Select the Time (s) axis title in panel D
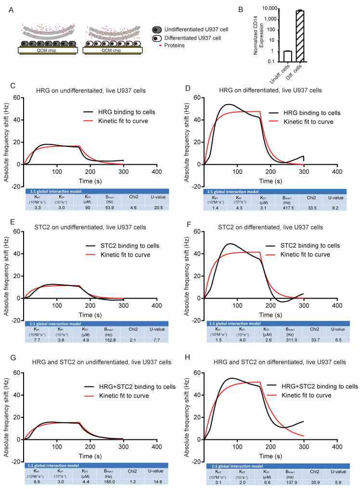(x=271, y=181)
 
